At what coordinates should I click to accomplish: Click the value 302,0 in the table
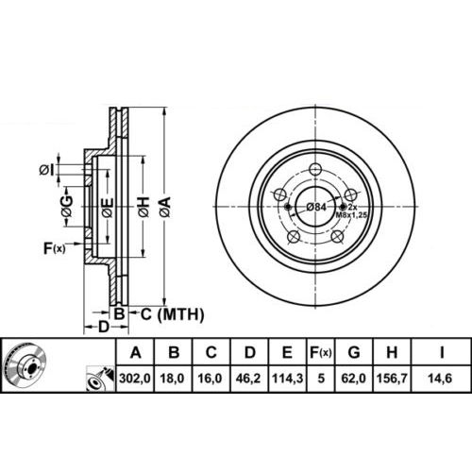[135, 379]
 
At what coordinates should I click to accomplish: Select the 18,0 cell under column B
[173, 379]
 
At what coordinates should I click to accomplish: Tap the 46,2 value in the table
[248, 379]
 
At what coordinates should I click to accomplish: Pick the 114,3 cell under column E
[287, 379]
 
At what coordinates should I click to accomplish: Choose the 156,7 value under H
[392, 379]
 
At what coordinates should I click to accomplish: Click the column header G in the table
[354, 352]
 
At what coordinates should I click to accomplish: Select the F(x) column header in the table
[320, 352]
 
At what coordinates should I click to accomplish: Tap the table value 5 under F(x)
[321, 379]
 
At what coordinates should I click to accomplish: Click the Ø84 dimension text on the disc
[316, 207]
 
